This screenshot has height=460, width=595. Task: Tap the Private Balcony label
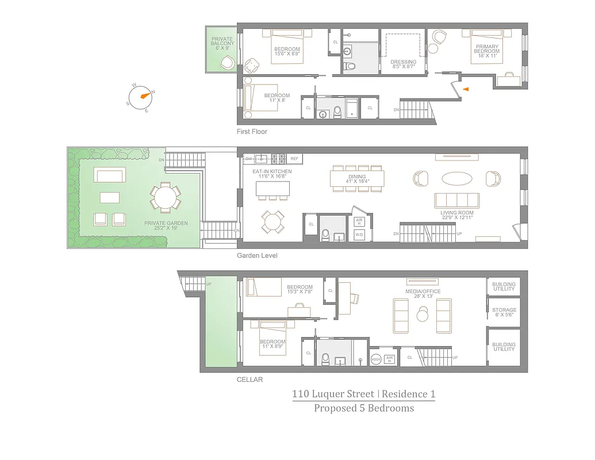point(222,44)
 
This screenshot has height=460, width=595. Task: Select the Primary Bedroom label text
point(486,51)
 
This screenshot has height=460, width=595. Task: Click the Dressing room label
point(403,64)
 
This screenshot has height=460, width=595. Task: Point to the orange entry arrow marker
point(466,89)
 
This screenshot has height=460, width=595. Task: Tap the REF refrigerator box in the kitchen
point(294,159)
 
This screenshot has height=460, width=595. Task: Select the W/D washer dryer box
point(359,235)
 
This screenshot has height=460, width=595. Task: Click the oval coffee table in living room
point(458,178)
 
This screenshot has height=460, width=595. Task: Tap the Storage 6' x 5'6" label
point(504,313)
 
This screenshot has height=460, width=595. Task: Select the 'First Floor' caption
point(252,132)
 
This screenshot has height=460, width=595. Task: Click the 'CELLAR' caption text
point(249,379)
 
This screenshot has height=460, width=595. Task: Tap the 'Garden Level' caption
point(257,255)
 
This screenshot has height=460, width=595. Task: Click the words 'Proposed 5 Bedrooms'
point(363,408)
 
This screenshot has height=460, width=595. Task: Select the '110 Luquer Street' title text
point(332,394)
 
